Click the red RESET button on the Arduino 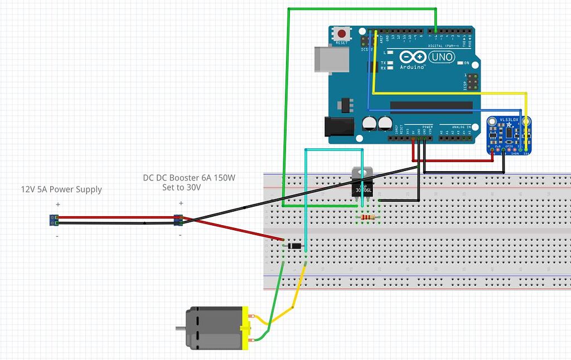point(341,33)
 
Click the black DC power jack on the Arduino point(339,127)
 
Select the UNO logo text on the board point(441,57)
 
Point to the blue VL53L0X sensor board point(508,134)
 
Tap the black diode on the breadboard point(294,246)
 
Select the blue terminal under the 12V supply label point(54,220)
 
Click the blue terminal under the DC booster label point(178,220)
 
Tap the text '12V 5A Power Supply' point(61,189)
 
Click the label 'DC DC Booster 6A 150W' point(189,178)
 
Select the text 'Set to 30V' point(181,188)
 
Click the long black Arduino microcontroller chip point(431,105)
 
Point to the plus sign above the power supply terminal point(57,205)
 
